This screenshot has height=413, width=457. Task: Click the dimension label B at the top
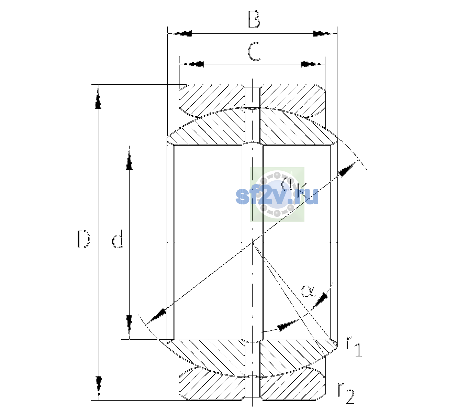(254, 19)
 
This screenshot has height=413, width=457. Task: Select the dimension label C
(254, 51)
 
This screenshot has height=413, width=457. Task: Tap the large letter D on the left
(83, 239)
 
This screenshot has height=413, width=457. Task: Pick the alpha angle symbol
(308, 291)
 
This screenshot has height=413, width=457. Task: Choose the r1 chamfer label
(353, 346)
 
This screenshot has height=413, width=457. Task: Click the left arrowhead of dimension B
(180, 34)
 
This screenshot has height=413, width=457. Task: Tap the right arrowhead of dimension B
(325, 34)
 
